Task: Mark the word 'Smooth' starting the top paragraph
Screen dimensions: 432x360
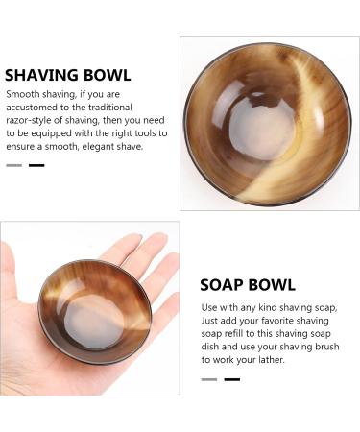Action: [x=23, y=95]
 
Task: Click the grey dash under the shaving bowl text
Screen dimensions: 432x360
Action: [x=14, y=166]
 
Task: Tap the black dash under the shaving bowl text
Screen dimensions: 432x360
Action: [x=36, y=166]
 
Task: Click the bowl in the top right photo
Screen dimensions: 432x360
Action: [x=266, y=123]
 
